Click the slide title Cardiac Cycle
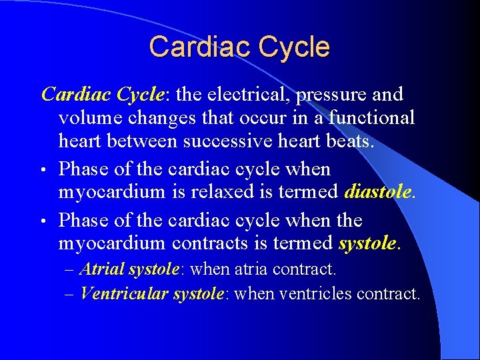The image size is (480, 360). [239, 47]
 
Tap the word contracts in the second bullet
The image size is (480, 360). [211, 243]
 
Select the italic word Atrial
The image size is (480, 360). [101, 269]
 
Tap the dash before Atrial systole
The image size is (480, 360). [70, 270]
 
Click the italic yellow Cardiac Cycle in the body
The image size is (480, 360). [103, 95]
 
